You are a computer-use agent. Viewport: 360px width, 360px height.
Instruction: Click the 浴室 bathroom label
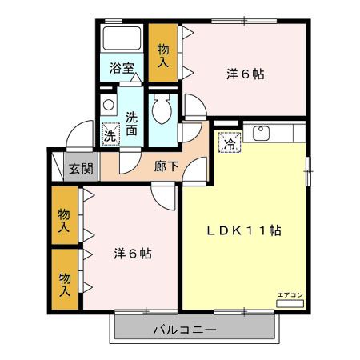coord(122,69)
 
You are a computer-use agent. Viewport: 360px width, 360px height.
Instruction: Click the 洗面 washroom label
coord(133,122)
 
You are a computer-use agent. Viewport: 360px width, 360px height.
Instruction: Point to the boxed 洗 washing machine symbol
coord(110,134)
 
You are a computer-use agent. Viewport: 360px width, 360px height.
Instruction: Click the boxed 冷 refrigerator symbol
coord(230,144)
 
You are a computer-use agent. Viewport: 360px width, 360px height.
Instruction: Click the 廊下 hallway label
coord(167,168)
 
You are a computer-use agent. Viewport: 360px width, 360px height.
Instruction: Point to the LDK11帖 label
coord(244,230)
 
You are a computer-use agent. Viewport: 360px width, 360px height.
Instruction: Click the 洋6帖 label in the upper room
coord(244,74)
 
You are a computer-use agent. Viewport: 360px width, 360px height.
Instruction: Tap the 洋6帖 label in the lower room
coord(132,254)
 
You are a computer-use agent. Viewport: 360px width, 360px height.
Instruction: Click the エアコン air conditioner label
coord(290,295)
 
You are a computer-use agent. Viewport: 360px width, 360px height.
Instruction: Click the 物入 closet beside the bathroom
coord(163,53)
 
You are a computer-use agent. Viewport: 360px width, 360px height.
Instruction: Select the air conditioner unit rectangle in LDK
coord(290,304)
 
